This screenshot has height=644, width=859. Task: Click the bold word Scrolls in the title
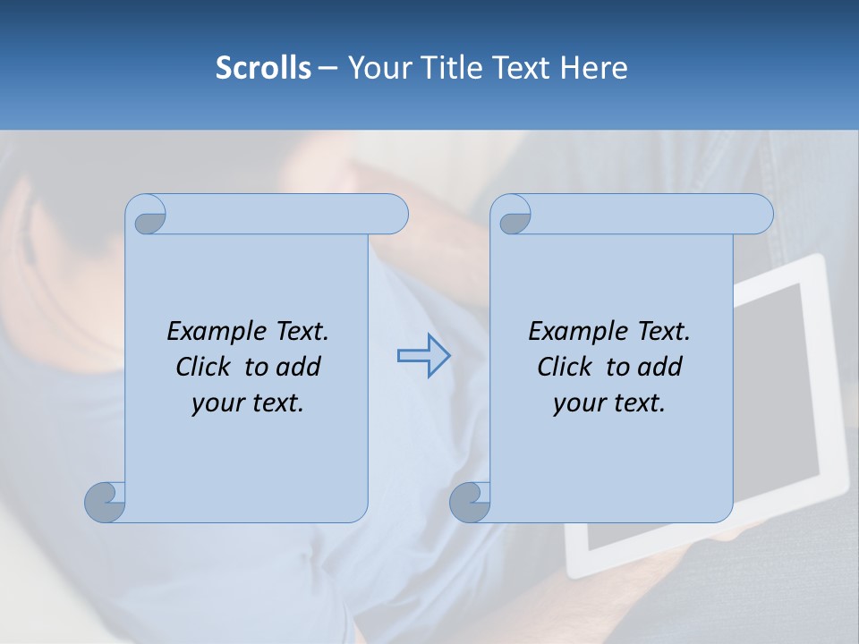[x=263, y=68]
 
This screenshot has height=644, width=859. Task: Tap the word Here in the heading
[x=593, y=68]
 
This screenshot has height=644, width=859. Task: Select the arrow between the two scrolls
[x=423, y=356]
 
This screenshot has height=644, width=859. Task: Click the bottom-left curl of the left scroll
[x=105, y=502]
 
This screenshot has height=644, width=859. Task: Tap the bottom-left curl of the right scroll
[x=470, y=502]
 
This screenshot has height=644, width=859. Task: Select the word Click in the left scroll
[x=202, y=367]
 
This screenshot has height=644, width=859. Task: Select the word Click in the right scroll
[x=564, y=367]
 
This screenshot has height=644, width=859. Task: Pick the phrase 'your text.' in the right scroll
[x=609, y=403]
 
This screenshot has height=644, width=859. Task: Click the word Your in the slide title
[x=373, y=68]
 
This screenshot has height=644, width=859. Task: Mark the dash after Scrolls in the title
[x=327, y=69]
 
